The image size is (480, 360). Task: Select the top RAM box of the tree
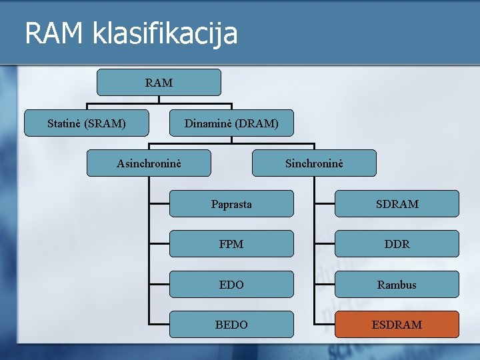159,83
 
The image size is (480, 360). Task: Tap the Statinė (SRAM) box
87,123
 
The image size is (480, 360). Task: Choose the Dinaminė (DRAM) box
231,123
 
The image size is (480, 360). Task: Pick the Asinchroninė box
149,163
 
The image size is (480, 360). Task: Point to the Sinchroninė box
314,163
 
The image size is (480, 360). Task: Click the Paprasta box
231,204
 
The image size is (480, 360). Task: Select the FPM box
231,244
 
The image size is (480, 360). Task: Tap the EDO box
231,285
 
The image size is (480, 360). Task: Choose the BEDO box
231,325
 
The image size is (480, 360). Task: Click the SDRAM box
397,204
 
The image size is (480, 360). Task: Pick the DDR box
397,244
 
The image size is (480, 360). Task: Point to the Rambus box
397,285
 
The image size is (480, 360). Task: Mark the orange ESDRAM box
397,325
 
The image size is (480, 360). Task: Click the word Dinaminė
208,123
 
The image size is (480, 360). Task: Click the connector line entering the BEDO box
160,325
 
